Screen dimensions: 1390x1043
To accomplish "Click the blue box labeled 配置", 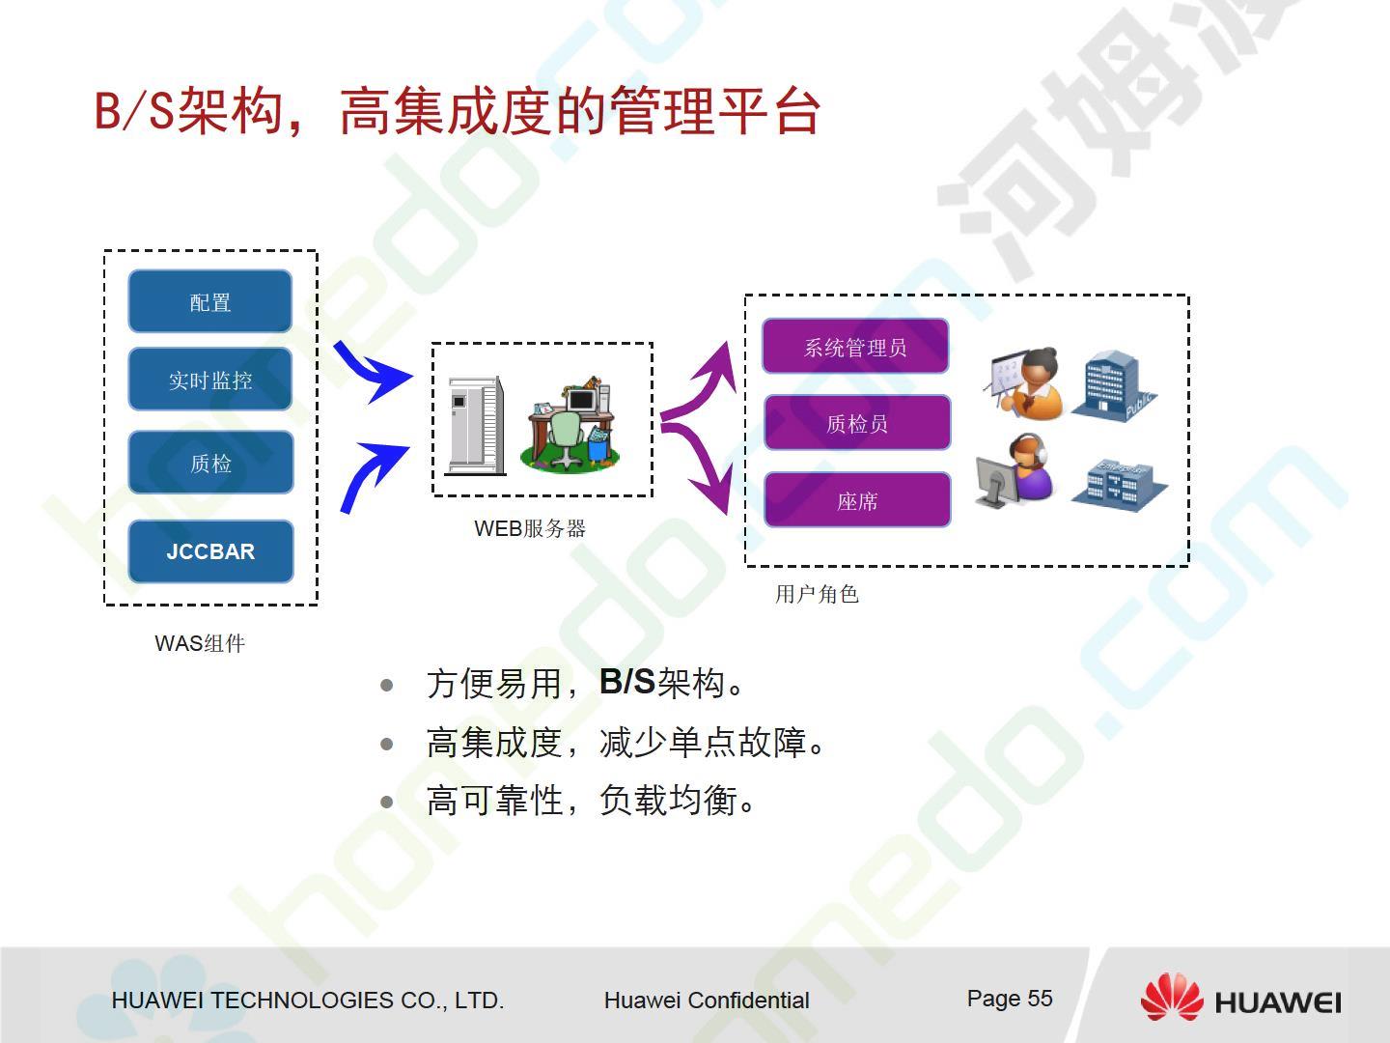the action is [210, 301].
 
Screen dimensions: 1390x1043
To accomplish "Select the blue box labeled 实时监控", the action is [210, 380].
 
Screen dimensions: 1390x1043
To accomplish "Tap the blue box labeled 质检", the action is [210, 463].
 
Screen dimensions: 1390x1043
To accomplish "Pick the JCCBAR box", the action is [210, 551].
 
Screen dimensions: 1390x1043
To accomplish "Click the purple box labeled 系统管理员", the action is [855, 347].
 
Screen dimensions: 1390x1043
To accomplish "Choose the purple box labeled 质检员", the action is [857, 423].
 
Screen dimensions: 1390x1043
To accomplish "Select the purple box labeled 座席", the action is [857, 500].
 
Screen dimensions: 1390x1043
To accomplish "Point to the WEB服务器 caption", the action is [530, 528].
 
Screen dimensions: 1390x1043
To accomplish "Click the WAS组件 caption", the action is [200, 643].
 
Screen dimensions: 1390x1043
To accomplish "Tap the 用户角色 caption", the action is [817, 594].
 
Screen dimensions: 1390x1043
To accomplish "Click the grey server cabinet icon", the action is [476, 425].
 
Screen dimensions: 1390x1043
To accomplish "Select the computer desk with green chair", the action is [570, 424].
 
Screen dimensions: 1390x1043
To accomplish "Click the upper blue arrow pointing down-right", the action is [373, 371].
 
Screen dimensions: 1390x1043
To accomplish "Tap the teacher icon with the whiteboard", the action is [1024, 383].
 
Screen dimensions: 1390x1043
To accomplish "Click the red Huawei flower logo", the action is [1172, 997].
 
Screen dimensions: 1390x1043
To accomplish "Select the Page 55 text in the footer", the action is [1010, 999].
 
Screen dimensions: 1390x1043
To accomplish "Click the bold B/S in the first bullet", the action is [626, 682].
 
